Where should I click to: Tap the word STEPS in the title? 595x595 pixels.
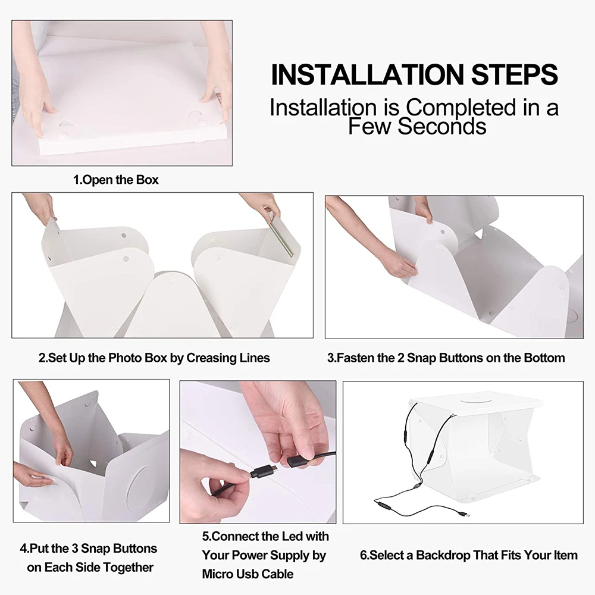pos(515,74)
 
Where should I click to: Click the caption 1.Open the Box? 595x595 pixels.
pos(116,180)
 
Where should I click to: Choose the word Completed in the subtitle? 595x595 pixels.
pos(461,108)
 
